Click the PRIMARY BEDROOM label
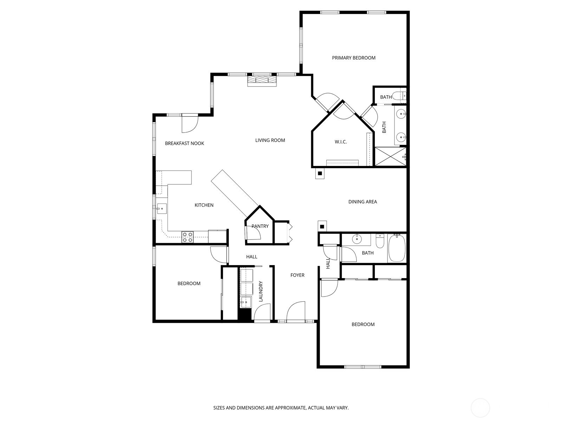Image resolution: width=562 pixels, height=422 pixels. (x=354, y=58)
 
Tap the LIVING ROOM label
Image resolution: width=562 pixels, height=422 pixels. (x=270, y=140)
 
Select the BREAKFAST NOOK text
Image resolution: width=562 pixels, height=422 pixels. (x=184, y=143)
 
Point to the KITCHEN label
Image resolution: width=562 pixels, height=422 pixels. (x=204, y=205)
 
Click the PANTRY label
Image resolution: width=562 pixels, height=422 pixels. (x=260, y=226)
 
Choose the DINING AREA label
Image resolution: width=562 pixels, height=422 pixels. (x=362, y=202)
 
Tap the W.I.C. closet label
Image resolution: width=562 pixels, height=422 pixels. (x=341, y=142)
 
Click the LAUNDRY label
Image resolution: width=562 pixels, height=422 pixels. (x=261, y=291)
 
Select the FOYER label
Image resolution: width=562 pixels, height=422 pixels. (x=297, y=275)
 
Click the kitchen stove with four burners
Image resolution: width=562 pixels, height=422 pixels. (x=187, y=237)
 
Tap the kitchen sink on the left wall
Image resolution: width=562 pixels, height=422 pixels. (x=162, y=209)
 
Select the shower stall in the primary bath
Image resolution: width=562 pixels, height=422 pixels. (x=390, y=157)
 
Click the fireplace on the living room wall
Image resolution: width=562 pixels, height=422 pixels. (x=262, y=81)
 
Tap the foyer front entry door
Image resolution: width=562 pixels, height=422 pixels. (x=295, y=312)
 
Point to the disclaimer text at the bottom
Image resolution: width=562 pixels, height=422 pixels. (x=281, y=408)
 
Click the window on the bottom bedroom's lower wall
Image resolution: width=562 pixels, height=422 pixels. (x=363, y=367)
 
